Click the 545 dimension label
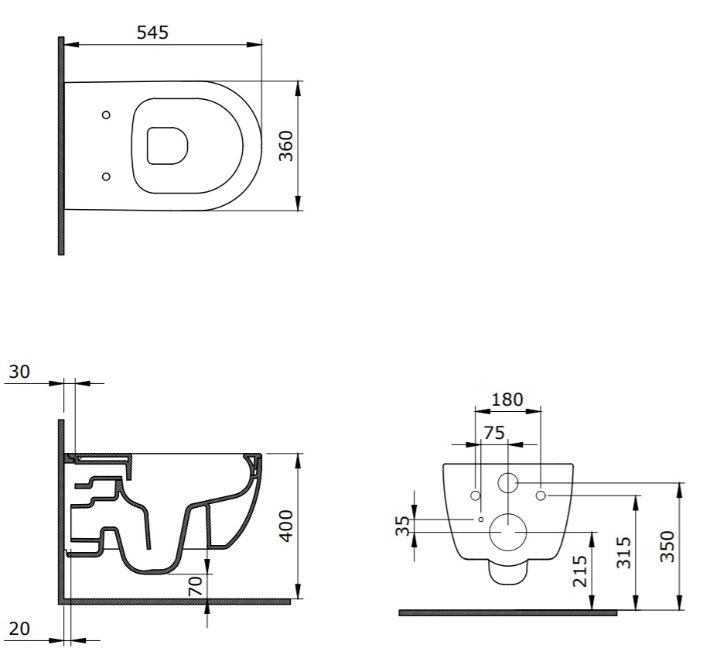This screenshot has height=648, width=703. pyautogui.click(x=152, y=33)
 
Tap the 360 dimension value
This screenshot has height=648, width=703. pyautogui.click(x=285, y=146)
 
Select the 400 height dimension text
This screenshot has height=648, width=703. pyautogui.click(x=285, y=526)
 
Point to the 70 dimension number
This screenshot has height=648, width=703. pyautogui.click(x=196, y=586)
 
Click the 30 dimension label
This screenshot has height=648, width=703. pyautogui.click(x=20, y=372)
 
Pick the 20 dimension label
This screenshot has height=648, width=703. pyautogui.click(x=20, y=629)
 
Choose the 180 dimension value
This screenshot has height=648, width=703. pyautogui.click(x=507, y=399)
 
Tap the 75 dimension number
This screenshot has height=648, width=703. pyautogui.click(x=494, y=433)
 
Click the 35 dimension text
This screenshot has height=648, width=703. pyautogui.click(x=403, y=526)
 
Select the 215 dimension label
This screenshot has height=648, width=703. pyautogui.click(x=580, y=571)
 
